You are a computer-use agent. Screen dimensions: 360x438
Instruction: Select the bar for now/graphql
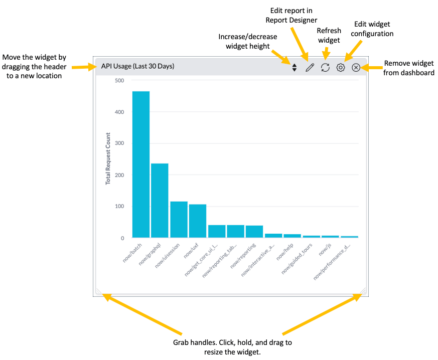(160, 201)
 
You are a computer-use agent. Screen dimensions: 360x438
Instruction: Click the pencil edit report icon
(310, 67)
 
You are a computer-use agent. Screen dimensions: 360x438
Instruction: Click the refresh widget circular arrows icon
(325, 67)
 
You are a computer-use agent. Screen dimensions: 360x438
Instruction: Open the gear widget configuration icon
(341, 67)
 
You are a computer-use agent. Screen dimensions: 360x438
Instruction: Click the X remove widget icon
(356, 67)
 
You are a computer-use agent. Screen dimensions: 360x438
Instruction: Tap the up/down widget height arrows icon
(295, 67)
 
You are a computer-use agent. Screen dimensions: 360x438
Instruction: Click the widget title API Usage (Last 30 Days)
(137, 66)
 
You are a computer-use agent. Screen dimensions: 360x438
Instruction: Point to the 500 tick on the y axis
(119, 80)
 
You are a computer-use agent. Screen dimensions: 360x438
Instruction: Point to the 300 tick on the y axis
(119, 143)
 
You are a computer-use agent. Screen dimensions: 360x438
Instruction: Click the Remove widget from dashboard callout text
(409, 68)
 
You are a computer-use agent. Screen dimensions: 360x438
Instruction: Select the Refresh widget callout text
(329, 35)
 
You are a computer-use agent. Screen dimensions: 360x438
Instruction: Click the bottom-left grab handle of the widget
(98, 291)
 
